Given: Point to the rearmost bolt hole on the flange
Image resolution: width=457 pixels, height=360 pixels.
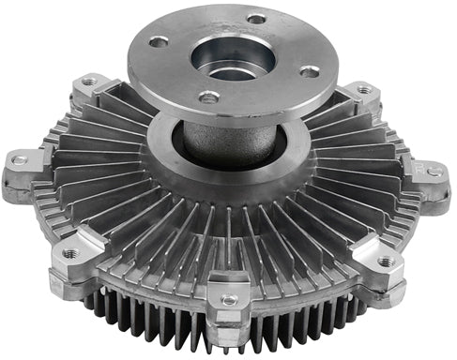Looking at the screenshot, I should (255, 18).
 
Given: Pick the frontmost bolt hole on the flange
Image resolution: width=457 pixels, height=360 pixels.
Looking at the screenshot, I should (208, 97).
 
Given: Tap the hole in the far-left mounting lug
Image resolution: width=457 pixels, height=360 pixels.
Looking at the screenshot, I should (19, 160).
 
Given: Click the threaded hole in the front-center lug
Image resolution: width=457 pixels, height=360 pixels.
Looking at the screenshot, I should (228, 300).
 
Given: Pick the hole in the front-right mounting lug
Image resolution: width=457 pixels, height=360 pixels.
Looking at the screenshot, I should (386, 262).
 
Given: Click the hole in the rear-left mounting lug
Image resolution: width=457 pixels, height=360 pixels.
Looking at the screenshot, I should (88, 82).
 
